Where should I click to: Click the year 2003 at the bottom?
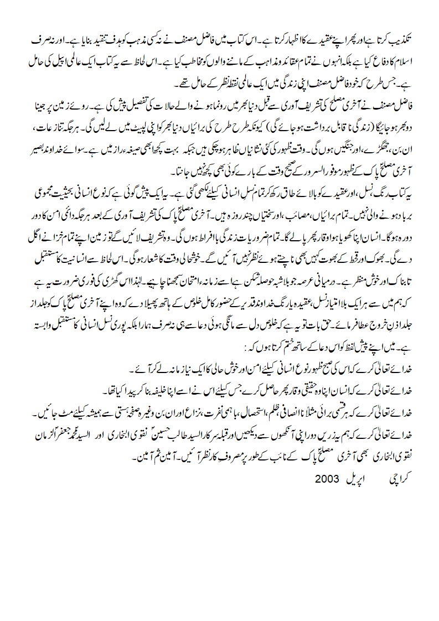tap(327, 477)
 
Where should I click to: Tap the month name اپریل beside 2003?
tap(357, 477)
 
